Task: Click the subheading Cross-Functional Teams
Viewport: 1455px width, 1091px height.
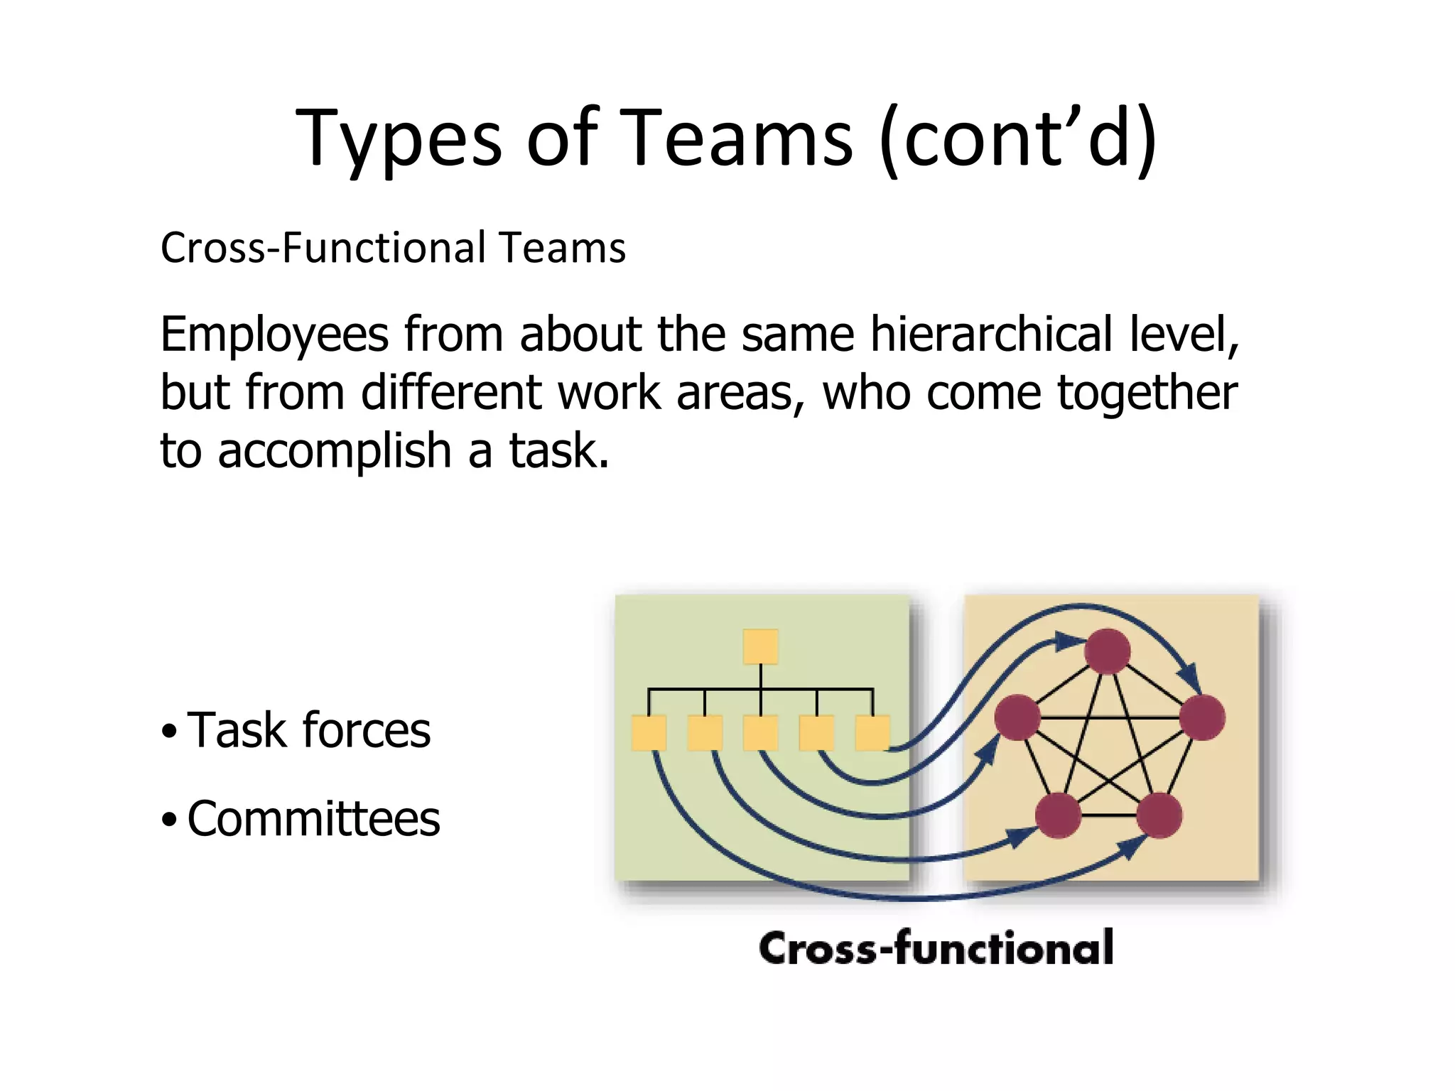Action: [393, 248]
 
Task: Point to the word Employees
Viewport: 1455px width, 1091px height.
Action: [274, 335]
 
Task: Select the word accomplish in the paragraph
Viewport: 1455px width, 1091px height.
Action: [334, 451]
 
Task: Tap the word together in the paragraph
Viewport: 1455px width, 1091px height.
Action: [1147, 393]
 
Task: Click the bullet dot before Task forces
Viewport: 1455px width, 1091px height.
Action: [168, 731]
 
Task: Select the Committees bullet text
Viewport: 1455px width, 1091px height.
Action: [313, 819]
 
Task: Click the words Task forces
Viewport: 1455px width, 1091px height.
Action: [308, 730]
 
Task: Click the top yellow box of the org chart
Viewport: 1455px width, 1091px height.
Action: [760, 647]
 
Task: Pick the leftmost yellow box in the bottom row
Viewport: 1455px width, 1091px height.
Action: [649, 733]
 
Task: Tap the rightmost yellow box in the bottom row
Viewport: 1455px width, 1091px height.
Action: [872, 733]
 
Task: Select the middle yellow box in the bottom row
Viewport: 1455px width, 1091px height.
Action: [760, 733]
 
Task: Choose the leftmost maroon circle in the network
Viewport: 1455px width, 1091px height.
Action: [1017, 717]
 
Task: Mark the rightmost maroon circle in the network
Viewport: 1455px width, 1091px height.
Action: [1202, 717]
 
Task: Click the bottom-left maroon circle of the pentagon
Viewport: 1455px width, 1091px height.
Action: [1059, 815]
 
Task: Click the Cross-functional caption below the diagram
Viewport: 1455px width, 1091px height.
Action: [936, 948]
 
